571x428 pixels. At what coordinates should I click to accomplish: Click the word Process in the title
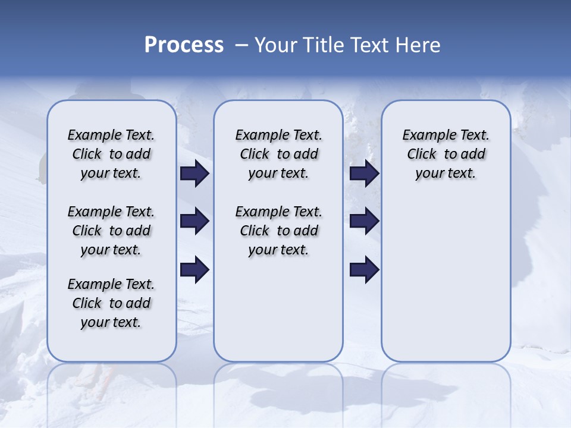(184, 45)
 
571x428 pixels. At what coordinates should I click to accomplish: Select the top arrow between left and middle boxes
(194, 174)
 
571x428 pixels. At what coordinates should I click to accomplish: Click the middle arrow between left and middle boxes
(194, 221)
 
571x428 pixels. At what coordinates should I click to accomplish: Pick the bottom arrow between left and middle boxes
(194, 270)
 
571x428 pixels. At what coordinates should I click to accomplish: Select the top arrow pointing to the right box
(364, 174)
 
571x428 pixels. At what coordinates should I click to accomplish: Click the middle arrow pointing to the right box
(364, 221)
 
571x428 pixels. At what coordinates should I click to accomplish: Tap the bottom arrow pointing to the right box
(364, 270)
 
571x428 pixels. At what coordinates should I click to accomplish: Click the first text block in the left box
(111, 154)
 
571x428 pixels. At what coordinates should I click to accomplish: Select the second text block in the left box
(111, 231)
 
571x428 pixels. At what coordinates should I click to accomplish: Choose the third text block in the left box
(111, 303)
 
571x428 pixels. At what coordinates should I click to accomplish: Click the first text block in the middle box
(278, 154)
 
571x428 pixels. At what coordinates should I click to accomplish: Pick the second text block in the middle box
(278, 231)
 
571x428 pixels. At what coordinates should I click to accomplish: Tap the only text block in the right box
(445, 154)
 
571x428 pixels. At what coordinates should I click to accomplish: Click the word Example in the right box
(425, 136)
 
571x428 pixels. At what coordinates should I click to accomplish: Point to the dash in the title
(241, 45)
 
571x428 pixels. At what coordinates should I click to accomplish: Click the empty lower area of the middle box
(278, 309)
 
